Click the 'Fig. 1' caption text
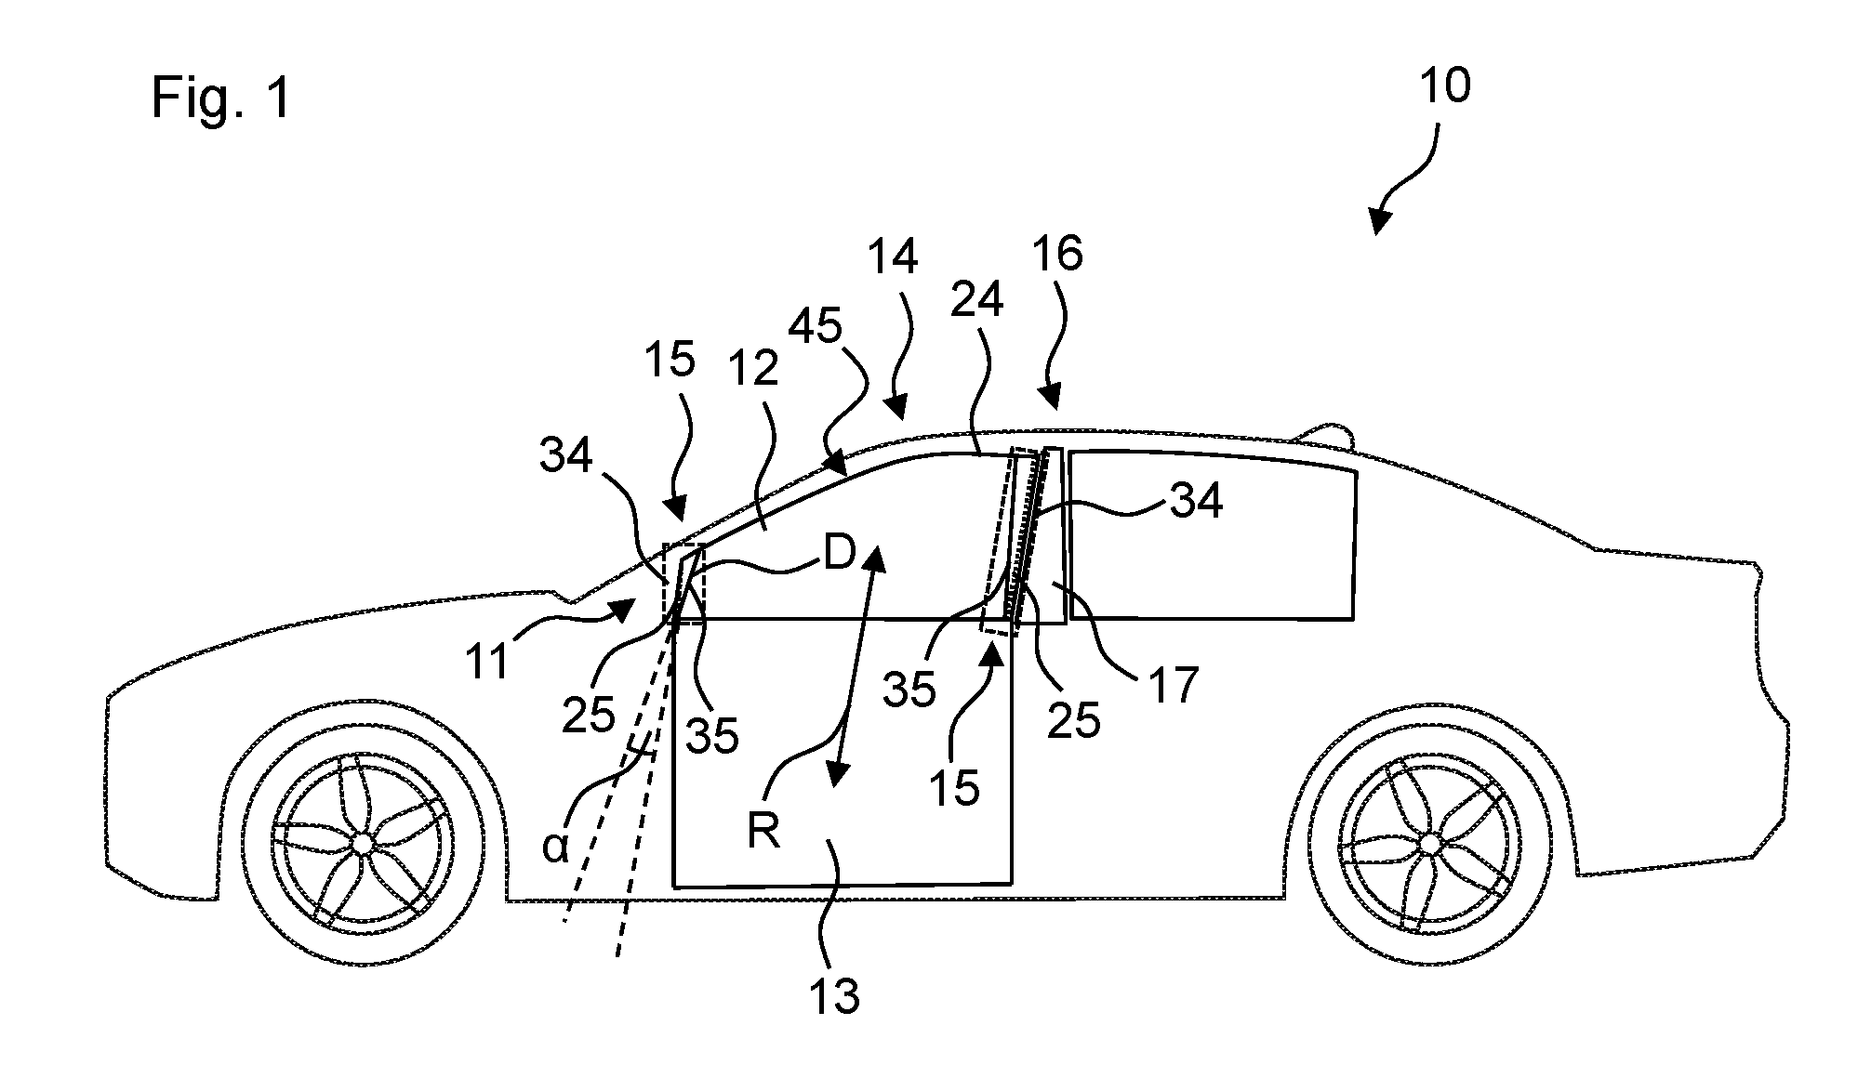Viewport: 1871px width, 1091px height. pyautogui.click(x=221, y=99)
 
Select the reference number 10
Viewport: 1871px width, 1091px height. pyautogui.click(x=1445, y=86)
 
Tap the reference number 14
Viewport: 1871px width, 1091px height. pyautogui.click(x=893, y=257)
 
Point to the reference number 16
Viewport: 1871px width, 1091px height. pyautogui.click(x=1057, y=253)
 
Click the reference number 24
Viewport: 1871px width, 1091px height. pyautogui.click(x=977, y=299)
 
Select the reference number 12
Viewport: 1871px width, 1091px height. pyautogui.click(x=752, y=370)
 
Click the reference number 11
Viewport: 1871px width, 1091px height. pyautogui.click(x=488, y=661)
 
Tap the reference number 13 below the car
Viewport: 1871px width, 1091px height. pyautogui.click(x=834, y=995)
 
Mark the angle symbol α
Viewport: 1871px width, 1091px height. pyautogui.click(x=555, y=848)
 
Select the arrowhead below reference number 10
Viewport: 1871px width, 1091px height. pyautogui.click(x=1383, y=219)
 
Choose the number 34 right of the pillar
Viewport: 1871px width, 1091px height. pyautogui.click(x=1195, y=502)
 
